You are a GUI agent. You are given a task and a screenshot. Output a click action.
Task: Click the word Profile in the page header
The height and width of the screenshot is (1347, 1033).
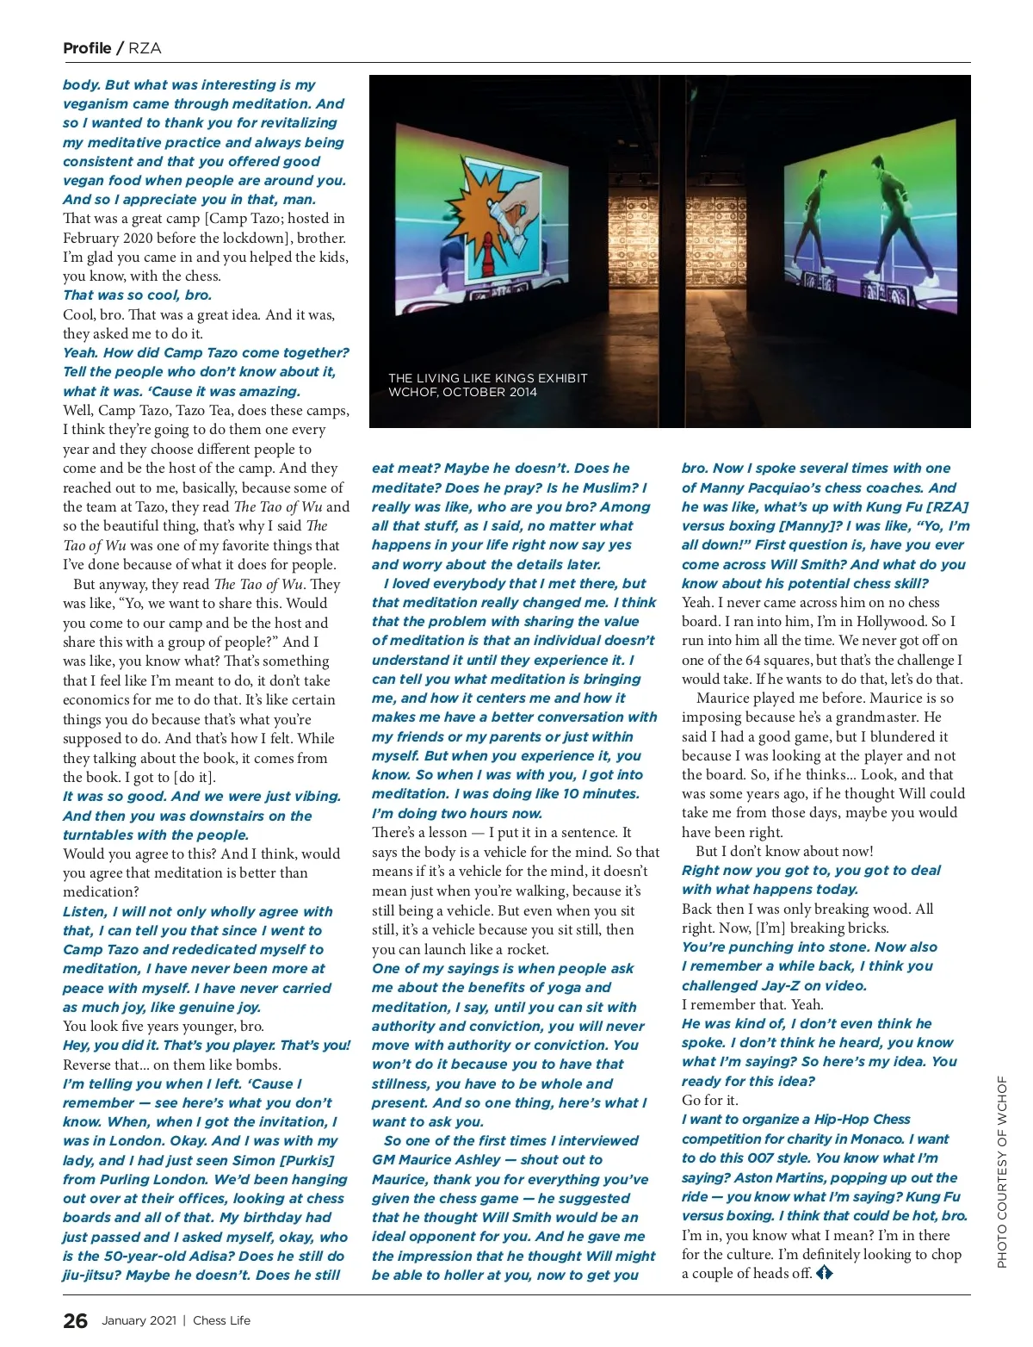tap(87, 48)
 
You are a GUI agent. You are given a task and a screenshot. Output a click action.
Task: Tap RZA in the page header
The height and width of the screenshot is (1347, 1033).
tap(145, 48)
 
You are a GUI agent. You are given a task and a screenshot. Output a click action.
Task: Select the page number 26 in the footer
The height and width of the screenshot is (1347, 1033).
tap(75, 1320)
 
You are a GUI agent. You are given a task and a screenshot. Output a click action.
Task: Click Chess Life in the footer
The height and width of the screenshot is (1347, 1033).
tap(222, 1320)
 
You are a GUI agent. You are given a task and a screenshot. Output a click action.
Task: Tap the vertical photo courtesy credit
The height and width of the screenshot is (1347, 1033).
tap(1001, 1171)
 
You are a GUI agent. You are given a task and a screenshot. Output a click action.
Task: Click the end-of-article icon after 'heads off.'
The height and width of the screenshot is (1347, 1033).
tap(825, 1272)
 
